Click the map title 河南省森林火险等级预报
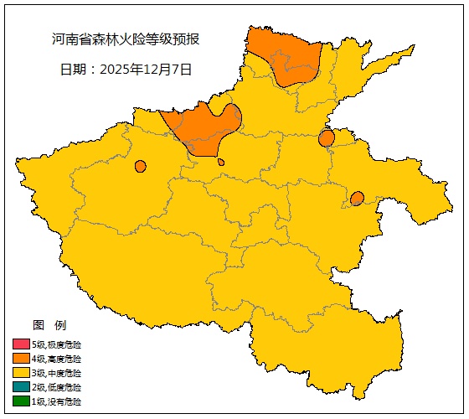click(x=126, y=39)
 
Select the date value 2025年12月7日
click(x=146, y=70)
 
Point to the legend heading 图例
click(x=49, y=325)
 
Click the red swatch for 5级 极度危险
click(x=21, y=344)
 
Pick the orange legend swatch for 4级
click(x=21, y=359)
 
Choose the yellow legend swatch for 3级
click(x=21, y=373)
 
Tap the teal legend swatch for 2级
click(x=21, y=387)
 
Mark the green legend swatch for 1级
click(x=21, y=401)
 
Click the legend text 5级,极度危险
click(x=57, y=344)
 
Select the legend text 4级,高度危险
click(x=57, y=359)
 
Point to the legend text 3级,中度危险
click(x=57, y=373)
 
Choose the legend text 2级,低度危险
click(x=57, y=387)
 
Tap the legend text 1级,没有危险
click(x=57, y=401)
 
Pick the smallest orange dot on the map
click(x=221, y=163)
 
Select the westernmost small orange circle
click(x=140, y=166)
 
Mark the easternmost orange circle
click(x=357, y=199)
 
